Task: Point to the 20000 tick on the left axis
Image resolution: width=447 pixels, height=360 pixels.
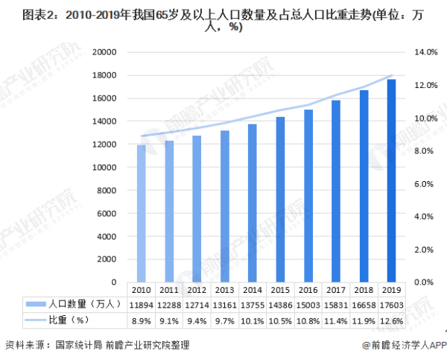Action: click(x=105, y=52)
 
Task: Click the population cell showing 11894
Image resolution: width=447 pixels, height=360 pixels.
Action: click(x=141, y=304)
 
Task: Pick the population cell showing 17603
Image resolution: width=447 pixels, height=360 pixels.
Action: click(x=391, y=304)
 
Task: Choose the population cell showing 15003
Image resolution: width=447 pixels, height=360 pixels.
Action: click(x=308, y=304)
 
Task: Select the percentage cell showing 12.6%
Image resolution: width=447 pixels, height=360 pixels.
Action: click(x=391, y=320)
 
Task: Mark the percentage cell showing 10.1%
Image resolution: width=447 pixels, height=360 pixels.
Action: click(x=252, y=320)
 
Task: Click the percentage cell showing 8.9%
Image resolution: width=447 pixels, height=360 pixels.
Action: click(x=141, y=320)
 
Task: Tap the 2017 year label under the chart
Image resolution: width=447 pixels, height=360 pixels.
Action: click(x=335, y=289)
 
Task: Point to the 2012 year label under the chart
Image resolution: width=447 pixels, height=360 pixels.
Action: click(x=197, y=289)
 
